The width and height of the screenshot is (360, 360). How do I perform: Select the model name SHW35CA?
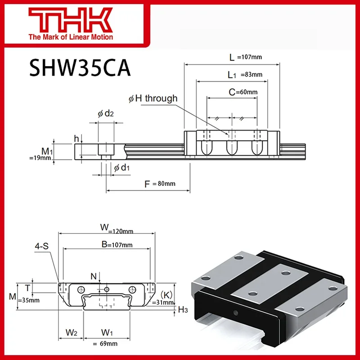[x=80, y=68]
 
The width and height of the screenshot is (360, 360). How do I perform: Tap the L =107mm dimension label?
[x=245, y=57]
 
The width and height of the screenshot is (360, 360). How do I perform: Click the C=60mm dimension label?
[x=243, y=92]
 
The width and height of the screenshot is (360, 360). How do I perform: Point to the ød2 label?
[x=106, y=114]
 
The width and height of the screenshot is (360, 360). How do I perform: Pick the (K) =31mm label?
[x=164, y=298]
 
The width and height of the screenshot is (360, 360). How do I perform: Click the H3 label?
[x=183, y=309]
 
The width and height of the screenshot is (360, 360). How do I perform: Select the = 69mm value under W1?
[x=107, y=343]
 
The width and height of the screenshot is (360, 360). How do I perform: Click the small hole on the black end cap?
[x=234, y=312]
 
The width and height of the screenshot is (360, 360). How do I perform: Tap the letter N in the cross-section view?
[x=93, y=277]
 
